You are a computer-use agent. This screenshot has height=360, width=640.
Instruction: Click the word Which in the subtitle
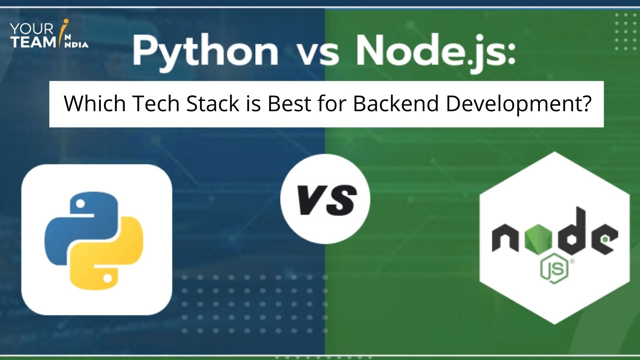coord(95,104)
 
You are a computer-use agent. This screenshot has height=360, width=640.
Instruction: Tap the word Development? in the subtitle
coord(518,104)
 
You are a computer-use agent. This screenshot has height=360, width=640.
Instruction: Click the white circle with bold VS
coord(325,199)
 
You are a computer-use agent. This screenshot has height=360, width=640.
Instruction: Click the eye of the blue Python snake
coord(80,204)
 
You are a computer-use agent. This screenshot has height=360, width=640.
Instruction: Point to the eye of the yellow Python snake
coord(107,277)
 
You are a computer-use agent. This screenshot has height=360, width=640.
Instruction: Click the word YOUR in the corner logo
coord(32,29)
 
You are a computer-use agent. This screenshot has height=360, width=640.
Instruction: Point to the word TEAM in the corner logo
coord(32,42)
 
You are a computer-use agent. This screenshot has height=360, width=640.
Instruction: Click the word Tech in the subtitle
coord(156,104)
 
